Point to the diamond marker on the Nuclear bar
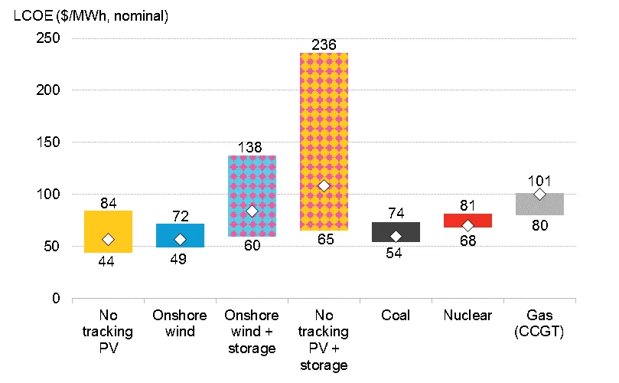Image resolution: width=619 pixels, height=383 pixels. pyautogui.click(x=468, y=226)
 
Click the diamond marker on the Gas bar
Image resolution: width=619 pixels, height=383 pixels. pyautogui.click(x=539, y=195)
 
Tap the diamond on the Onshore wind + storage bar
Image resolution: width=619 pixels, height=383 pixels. pyautogui.click(x=252, y=211)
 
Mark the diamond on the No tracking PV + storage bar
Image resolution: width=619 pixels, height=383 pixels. pyautogui.click(x=324, y=185)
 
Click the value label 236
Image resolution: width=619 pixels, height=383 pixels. pyautogui.click(x=324, y=45)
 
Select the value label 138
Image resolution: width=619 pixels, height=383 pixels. pyautogui.click(x=252, y=146)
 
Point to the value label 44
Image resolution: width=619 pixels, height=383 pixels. pyautogui.click(x=108, y=262)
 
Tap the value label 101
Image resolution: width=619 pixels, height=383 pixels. pyautogui.click(x=539, y=182)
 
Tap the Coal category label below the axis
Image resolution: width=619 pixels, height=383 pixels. pyautogui.click(x=396, y=316)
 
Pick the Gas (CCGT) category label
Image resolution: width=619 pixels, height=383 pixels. pyautogui.click(x=539, y=323)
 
